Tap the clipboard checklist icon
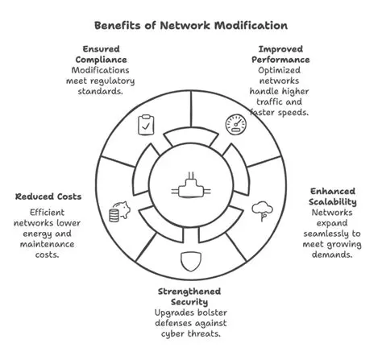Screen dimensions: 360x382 pyautogui.click(x=146, y=125)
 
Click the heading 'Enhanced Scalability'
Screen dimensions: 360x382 pyautogui.click(x=338, y=197)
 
